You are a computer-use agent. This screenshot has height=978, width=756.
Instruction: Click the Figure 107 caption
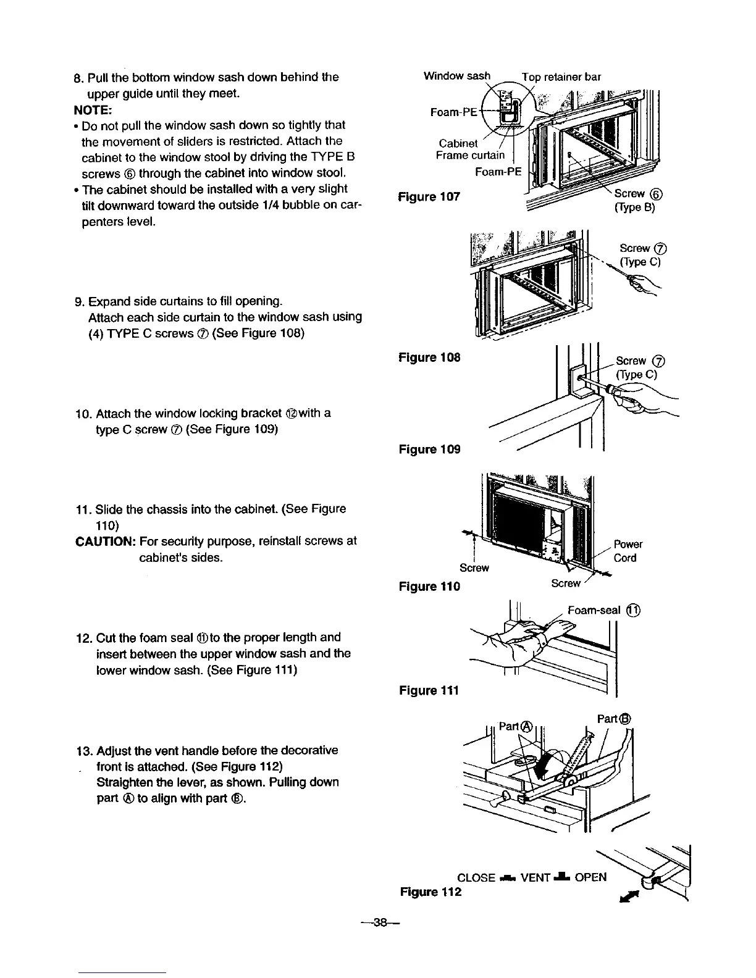[429, 197]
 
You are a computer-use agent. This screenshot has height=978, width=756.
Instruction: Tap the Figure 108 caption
[429, 357]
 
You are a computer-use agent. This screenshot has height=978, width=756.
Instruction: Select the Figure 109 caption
[429, 449]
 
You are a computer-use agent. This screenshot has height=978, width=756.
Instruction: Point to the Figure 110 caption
[429, 586]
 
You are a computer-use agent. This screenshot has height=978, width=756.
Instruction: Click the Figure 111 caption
[429, 690]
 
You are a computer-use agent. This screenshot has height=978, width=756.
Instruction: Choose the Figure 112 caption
[430, 892]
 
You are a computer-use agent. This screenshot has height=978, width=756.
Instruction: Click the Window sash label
[456, 76]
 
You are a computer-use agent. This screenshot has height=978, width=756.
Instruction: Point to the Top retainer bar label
[561, 77]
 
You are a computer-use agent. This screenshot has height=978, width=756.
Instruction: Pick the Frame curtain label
[470, 155]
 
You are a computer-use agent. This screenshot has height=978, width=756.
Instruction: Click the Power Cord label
[628, 551]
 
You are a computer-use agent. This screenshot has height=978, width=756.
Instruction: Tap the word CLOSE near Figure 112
[476, 878]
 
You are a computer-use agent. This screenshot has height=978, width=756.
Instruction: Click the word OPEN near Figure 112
[590, 877]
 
